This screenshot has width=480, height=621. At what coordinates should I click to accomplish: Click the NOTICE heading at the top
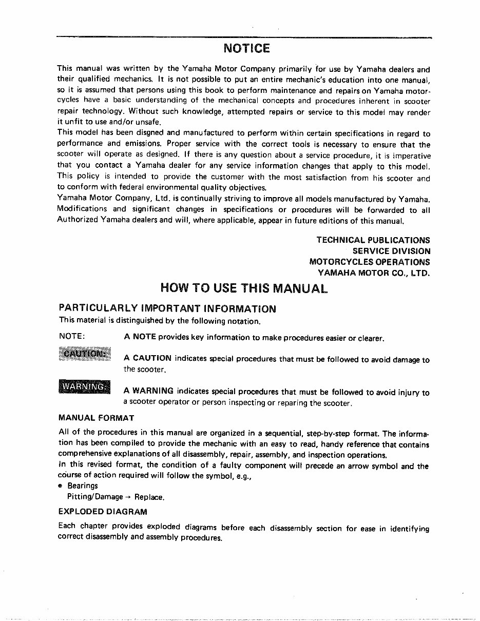[x=246, y=49]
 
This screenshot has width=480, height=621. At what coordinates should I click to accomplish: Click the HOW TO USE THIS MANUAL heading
[x=244, y=288]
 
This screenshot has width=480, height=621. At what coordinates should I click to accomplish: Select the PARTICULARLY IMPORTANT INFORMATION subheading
[x=167, y=309]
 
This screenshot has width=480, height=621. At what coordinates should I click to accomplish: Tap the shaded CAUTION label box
[x=84, y=354]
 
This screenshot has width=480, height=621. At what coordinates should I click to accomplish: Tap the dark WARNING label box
[x=84, y=386]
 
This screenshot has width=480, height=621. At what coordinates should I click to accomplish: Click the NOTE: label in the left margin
[x=72, y=338]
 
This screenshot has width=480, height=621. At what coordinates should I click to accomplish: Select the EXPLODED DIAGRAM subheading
[x=103, y=512]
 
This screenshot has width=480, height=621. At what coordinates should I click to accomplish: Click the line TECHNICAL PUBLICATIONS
[x=373, y=240]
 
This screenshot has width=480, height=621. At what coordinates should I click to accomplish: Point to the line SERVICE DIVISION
[x=391, y=251]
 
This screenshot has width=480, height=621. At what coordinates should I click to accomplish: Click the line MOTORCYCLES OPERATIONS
[x=369, y=262]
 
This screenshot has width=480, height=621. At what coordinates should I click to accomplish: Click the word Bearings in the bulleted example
[x=82, y=486]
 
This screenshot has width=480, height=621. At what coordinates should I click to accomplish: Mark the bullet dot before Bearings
[x=62, y=486]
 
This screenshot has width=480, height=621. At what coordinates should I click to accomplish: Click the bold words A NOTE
[x=140, y=338]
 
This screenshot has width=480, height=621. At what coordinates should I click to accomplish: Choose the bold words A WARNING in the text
[x=148, y=391]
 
